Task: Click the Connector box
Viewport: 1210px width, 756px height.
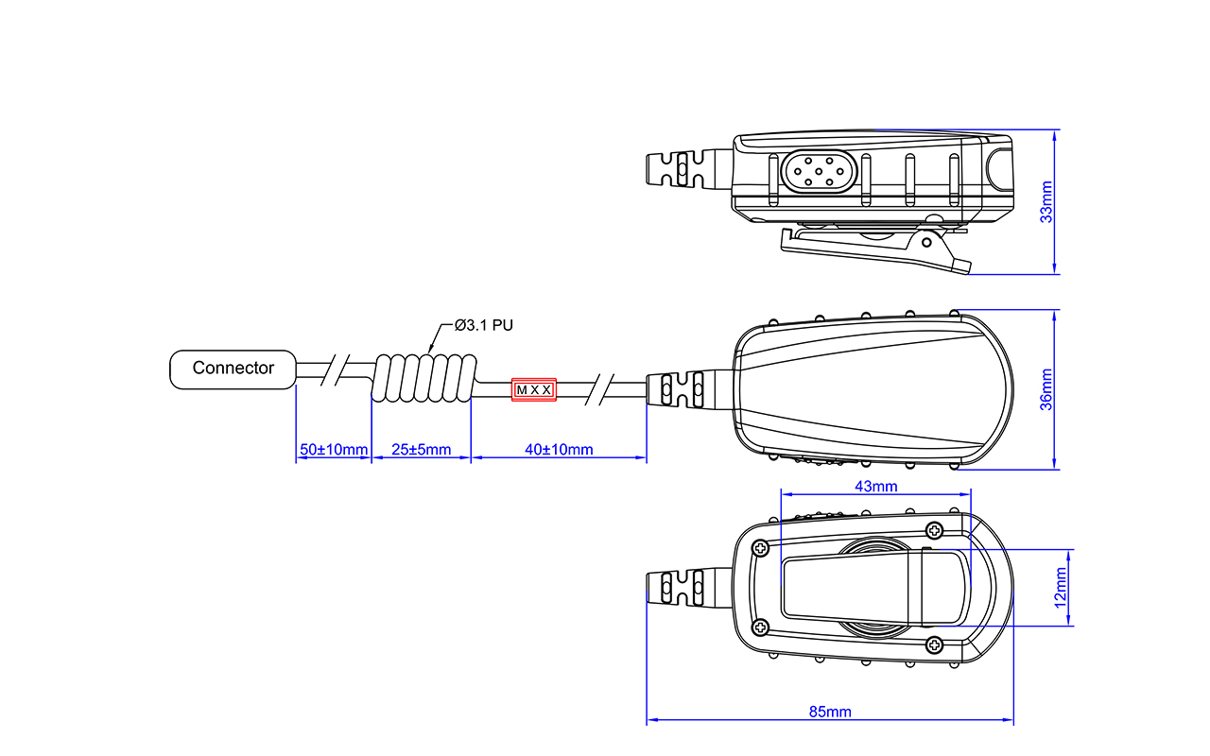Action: (x=233, y=369)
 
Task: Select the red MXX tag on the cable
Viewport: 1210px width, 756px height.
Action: (x=534, y=390)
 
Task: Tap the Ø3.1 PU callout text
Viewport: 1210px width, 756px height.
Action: (x=483, y=325)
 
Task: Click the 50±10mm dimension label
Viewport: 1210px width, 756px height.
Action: (x=334, y=449)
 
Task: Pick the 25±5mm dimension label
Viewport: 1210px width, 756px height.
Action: (x=422, y=449)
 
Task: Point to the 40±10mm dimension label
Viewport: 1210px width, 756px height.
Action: (x=559, y=449)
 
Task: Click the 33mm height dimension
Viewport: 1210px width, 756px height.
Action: (x=1046, y=202)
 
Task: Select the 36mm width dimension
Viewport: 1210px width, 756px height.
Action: (x=1046, y=389)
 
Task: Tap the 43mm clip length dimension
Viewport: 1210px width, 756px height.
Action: (x=876, y=487)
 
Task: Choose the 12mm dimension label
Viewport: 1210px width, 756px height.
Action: (x=1061, y=588)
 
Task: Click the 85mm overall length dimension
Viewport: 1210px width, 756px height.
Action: (x=830, y=712)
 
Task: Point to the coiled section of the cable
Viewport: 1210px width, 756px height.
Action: (x=424, y=378)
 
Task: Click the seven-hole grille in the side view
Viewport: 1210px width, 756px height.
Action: (x=819, y=172)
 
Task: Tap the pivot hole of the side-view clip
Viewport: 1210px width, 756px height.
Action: (x=926, y=243)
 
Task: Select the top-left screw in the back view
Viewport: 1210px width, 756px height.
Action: (x=761, y=549)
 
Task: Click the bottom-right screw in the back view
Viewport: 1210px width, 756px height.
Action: (x=935, y=644)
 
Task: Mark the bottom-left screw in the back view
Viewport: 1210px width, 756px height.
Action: (x=761, y=627)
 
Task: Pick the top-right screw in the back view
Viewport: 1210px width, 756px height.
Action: (x=935, y=530)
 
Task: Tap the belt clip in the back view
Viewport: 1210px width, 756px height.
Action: (x=875, y=588)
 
